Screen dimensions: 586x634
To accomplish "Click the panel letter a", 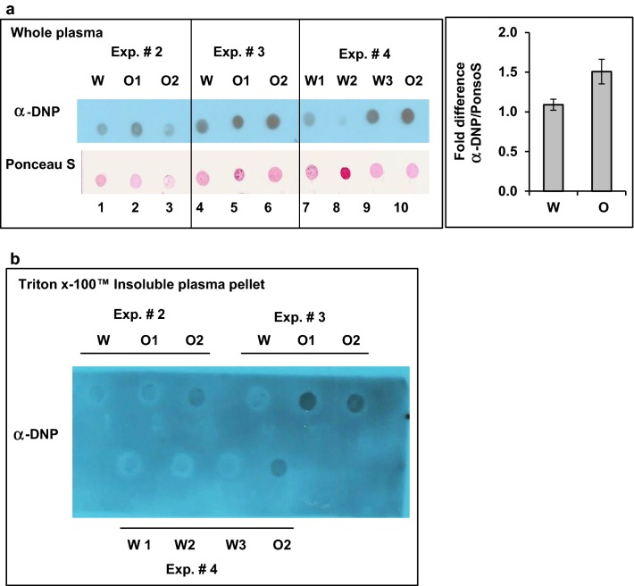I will tap(8, 6).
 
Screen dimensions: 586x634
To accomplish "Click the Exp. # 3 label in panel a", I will tap(237, 46).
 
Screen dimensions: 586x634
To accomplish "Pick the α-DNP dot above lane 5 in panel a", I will tap(238, 121).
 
